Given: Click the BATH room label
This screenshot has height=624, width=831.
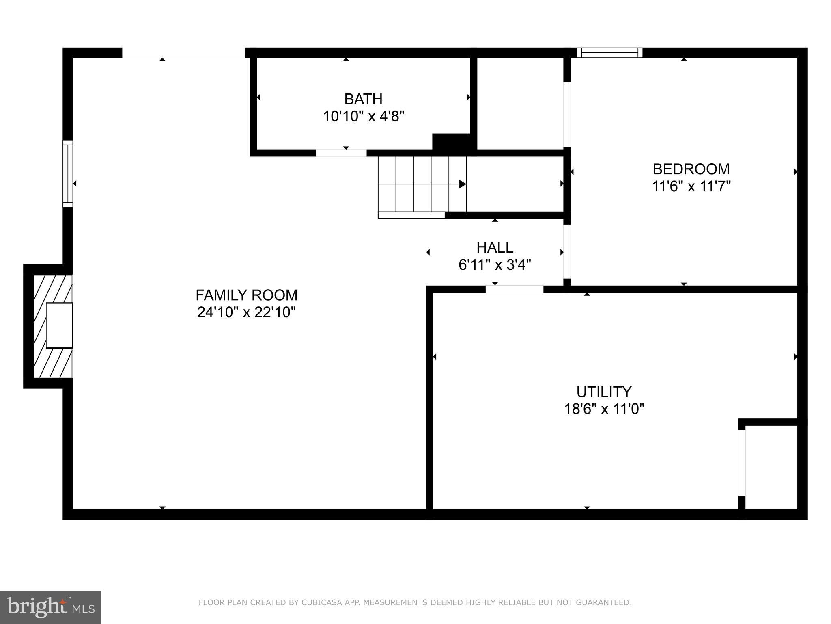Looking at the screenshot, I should (x=363, y=99).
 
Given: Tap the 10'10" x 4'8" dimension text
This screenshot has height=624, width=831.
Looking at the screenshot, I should (x=364, y=117).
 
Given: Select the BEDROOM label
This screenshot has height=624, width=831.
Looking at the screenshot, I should (x=691, y=169).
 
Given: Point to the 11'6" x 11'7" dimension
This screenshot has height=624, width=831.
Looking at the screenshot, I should (x=691, y=186).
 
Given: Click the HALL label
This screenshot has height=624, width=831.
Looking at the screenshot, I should (x=495, y=247).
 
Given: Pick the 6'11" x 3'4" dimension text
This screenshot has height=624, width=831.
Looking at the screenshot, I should (x=495, y=265).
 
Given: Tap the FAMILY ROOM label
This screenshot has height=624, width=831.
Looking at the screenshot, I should (x=246, y=295).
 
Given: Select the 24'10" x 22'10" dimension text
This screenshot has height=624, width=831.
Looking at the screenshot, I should (x=246, y=312).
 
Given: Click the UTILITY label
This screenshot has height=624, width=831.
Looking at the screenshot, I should (x=604, y=392).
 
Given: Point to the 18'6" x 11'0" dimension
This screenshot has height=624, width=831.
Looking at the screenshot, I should (x=604, y=409).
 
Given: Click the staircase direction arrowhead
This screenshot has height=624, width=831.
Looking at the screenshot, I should (x=463, y=184).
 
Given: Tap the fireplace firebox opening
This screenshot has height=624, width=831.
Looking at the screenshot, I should (x=59, y=325).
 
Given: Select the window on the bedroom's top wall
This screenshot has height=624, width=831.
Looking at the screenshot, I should (x=609, y=53).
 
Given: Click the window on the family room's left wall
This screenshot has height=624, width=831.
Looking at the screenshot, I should (x=68, y=173).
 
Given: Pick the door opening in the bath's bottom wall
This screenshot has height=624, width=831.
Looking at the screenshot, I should (x=341, y=153).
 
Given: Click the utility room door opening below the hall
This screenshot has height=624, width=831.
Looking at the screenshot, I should (x=514, y=289).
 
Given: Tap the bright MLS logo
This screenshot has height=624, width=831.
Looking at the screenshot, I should (x=50, y=607).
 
